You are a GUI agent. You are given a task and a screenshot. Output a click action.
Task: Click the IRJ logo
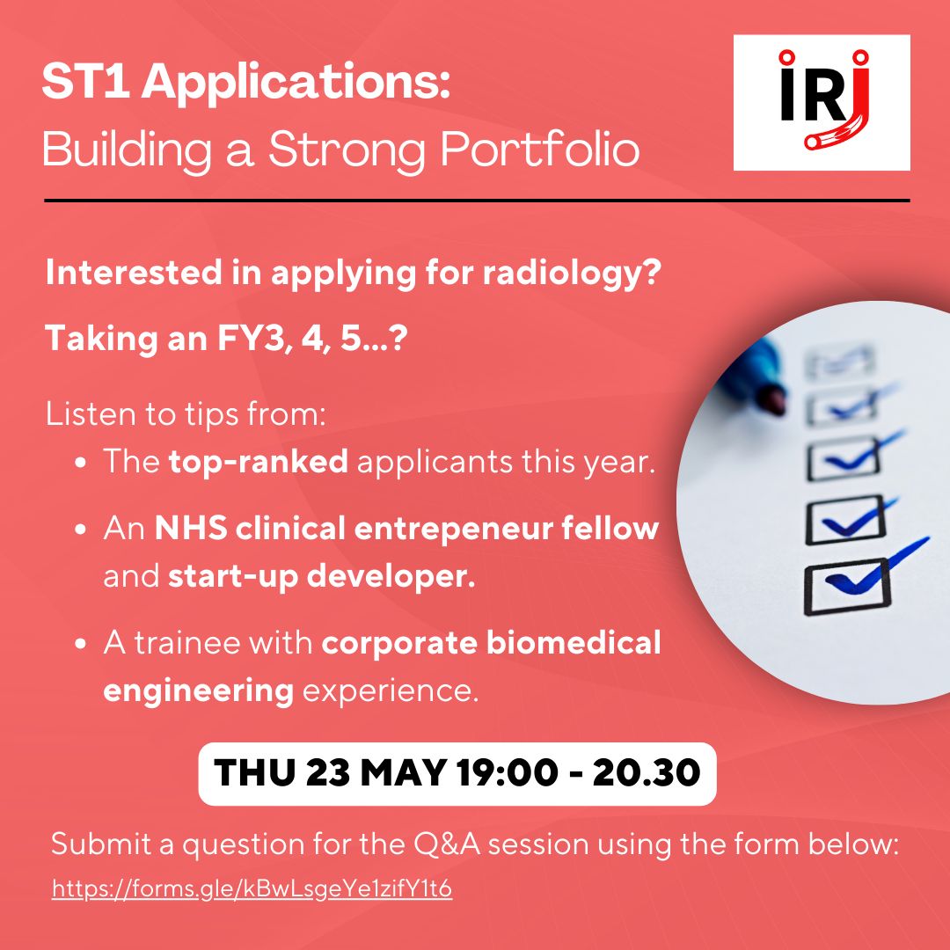pos(822,102)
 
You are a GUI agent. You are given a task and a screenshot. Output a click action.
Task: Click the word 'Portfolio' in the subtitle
pos(540,149)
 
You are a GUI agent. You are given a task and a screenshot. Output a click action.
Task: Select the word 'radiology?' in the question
pos(572,274)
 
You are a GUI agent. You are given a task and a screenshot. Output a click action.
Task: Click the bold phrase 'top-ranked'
pos(259,462)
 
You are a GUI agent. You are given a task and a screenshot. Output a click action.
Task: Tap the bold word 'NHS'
pos(191,529)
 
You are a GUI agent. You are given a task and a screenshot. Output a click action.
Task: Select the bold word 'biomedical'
pos(574,643)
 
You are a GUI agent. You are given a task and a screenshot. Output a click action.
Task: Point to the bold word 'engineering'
pos(199,691)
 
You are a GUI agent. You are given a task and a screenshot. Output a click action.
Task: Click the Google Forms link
pos(252,888)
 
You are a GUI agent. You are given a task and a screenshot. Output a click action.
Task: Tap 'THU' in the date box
pos(254,772)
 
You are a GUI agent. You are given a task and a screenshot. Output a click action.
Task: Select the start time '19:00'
pos(508,772)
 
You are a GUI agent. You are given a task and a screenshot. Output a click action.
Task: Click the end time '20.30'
pos(647,772)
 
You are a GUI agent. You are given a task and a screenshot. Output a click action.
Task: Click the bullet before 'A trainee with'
pos(81,643)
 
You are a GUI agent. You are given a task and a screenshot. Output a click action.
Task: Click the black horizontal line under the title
pos(477,200)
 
